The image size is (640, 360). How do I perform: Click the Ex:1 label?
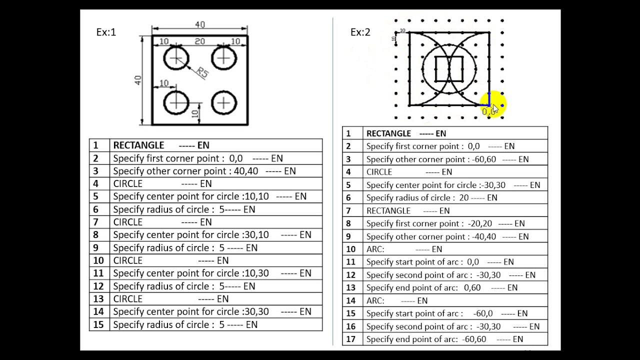[x=106, y=32]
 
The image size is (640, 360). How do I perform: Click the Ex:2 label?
[x=360, y=32]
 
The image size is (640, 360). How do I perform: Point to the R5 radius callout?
[x=202, y=72]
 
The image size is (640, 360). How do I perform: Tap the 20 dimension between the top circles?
[x=199, y=41]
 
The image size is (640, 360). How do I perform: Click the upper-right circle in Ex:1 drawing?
[x=224, y=58]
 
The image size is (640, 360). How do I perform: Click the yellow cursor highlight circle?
[x=493, y=104]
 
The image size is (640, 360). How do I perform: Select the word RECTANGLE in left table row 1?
[x=138, y=145]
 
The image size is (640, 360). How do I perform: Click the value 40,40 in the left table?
[x=246, y=171]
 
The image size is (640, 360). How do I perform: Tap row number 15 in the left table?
[x=98, y=324]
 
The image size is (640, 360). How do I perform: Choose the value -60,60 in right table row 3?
[x=483, y=159]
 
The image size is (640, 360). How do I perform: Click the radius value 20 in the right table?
[x=464, y=197]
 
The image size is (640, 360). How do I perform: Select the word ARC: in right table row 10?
[x=375, y=249]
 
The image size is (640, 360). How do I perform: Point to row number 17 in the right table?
[x=351, y=339]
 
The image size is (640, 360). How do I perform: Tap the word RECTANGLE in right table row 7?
[x=388, y=210]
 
